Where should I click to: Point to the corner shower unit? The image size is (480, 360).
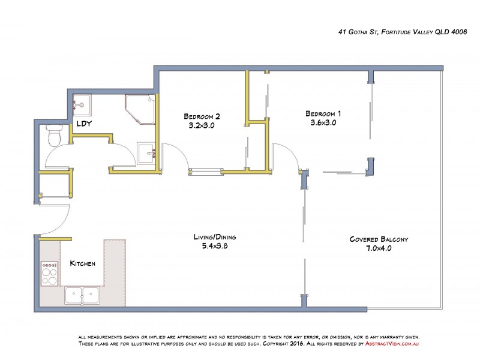(140, 109)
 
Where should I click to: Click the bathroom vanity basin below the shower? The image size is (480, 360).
(146, 154)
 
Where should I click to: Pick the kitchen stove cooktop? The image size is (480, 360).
(49, 275)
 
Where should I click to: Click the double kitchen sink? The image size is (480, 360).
(82, 295)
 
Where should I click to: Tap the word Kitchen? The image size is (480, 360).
(82, 263)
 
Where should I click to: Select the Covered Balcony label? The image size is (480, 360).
(379, 239)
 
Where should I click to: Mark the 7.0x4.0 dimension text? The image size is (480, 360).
(379, 248)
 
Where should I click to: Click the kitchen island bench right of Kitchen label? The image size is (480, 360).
(114, 264)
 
